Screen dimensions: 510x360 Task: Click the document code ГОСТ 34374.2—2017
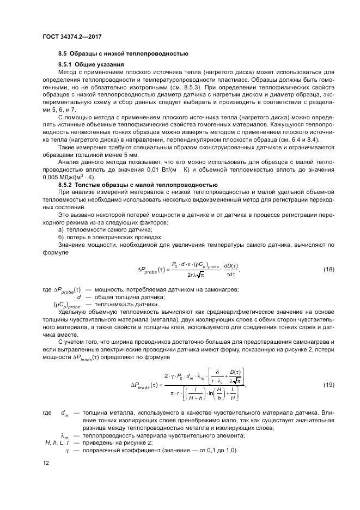click(72, 36)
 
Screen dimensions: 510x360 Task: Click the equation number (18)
click(328, 270)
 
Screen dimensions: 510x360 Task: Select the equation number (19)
click(328, 385)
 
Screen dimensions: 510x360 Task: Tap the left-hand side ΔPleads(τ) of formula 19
click(148, 385)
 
